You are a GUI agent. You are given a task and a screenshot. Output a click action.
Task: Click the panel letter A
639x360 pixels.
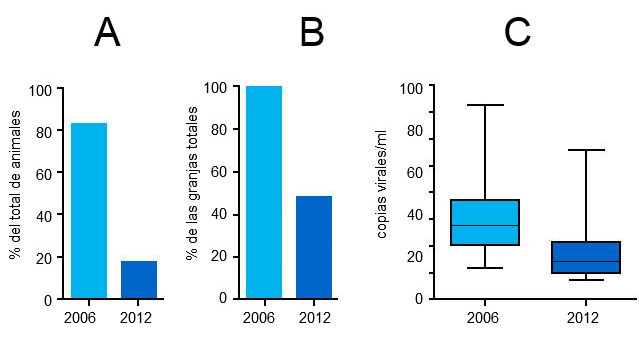point(107,34)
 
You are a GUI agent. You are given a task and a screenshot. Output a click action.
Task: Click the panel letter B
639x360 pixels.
point(311,34)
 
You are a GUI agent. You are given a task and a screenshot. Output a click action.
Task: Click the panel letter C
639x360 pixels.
point(517,34)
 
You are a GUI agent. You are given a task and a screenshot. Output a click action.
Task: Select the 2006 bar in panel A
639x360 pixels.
point(88,210)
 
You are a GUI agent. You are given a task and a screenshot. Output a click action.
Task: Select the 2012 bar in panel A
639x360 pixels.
point(139,279)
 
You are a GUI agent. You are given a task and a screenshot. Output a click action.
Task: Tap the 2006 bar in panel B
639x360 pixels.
point(264,192)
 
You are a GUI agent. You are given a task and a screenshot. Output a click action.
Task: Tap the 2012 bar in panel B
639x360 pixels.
point(314,247)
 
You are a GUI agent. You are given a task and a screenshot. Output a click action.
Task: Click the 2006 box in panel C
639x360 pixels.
point(484,222)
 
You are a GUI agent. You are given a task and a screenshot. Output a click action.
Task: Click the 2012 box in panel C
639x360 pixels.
point(586,257)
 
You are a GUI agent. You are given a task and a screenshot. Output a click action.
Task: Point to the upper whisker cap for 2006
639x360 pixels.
point(484,105)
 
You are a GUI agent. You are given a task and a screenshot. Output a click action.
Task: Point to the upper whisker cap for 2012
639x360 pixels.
point(586,150)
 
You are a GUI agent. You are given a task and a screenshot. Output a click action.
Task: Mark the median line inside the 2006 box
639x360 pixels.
point(484,225)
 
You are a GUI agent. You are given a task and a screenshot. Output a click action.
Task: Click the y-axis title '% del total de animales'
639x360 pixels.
point(15,196)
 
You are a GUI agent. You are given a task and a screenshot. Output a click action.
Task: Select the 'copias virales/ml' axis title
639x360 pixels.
point(382,191)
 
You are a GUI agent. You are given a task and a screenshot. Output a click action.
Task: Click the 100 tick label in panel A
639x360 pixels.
point(40,90)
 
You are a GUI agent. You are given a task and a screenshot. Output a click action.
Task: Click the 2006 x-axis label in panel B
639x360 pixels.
point(258,318)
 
